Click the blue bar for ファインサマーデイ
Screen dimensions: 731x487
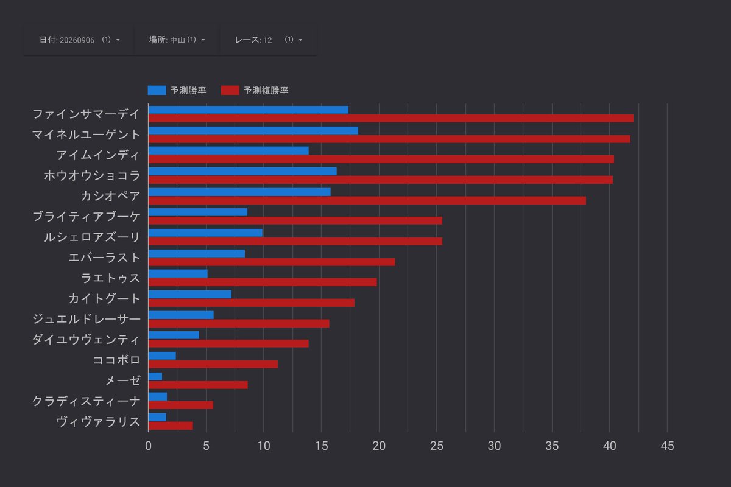pyautogui.click(x=249, y=110)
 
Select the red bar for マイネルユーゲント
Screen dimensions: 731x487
pyautogui.click(x=389, y=139)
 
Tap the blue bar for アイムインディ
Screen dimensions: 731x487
pyautogui.click(x=228, y=151)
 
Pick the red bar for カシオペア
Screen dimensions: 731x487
pyautogui.click(x=367, y=201)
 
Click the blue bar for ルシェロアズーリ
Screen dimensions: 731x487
pyautogui.click(x=205, y=233)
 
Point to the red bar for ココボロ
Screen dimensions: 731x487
pyautogui.click(x=213, y=365)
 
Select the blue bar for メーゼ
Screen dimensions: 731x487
pyautogui.click(x=155, y=376)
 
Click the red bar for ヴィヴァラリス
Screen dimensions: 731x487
pyautogui.click(x=171, y=426)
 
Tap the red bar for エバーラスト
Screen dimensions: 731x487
pyautogui.click(x=272, y=262)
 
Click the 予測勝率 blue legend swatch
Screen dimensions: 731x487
pyautogui.click(x=157, y=90)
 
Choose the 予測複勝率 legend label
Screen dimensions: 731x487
pyautogui.click(x=266, y=90)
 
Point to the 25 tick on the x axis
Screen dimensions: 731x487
pyautogui.click(x=437, y=446)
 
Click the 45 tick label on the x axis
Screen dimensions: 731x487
pyautogui.click(x=668, y=446)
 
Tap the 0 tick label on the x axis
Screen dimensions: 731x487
pyautogui.click(x=149, y=446)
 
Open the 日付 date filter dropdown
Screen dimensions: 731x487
pyautogui.click(x=79, y=40)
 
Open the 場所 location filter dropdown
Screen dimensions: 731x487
pyautogui.click(x=177, y=40)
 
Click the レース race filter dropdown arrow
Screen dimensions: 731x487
pyautogui.click(x=300, y=40)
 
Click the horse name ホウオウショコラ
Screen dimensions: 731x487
pyautogui.click(x=92, y=175)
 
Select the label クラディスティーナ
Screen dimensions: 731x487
pyautogui.click(x=86, y=401)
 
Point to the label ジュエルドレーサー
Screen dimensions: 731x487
pyautogui.click(x=86, y=319)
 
